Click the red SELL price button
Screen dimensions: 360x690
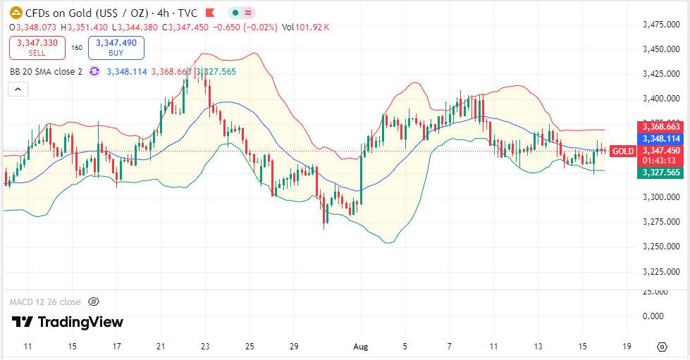point(37,47)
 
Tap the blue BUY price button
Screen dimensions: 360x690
point(116,47)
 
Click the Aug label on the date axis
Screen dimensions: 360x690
point(360,347)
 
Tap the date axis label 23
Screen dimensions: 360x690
point(205,347)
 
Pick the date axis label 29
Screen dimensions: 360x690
point(295,347)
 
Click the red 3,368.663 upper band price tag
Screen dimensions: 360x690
point(659,127)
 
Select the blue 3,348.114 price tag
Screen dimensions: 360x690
point(659,139)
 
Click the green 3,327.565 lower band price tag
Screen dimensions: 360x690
point(659,173)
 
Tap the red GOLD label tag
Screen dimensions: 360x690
point(623,151)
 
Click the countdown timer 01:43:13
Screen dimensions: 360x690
point(659,161)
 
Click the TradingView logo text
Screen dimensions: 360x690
point(68,323)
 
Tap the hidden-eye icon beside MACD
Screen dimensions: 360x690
point(94,302)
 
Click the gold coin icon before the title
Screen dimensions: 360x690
point(16,13)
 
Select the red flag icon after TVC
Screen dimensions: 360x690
point(210,13)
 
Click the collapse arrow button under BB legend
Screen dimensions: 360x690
point(18,89)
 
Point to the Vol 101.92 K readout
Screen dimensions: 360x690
point(306,27)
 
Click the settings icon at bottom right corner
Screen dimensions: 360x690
point(662,347)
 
